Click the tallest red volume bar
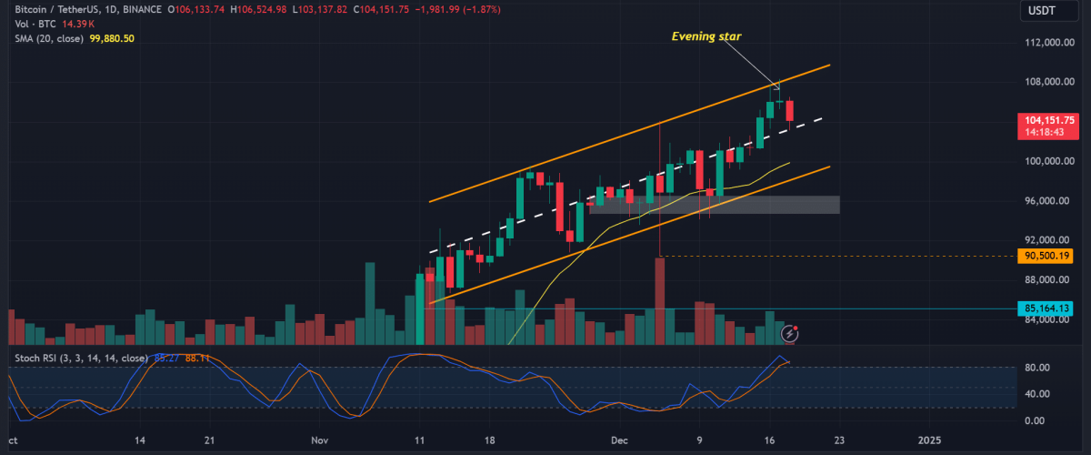pyautogui.click(x=660, y=300)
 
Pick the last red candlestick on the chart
pyautogui.click(x=790, y=110)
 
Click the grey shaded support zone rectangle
pyautogui.click(x=714, y=205)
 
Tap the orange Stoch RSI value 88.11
pyautogui.click(x=197, y=358)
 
